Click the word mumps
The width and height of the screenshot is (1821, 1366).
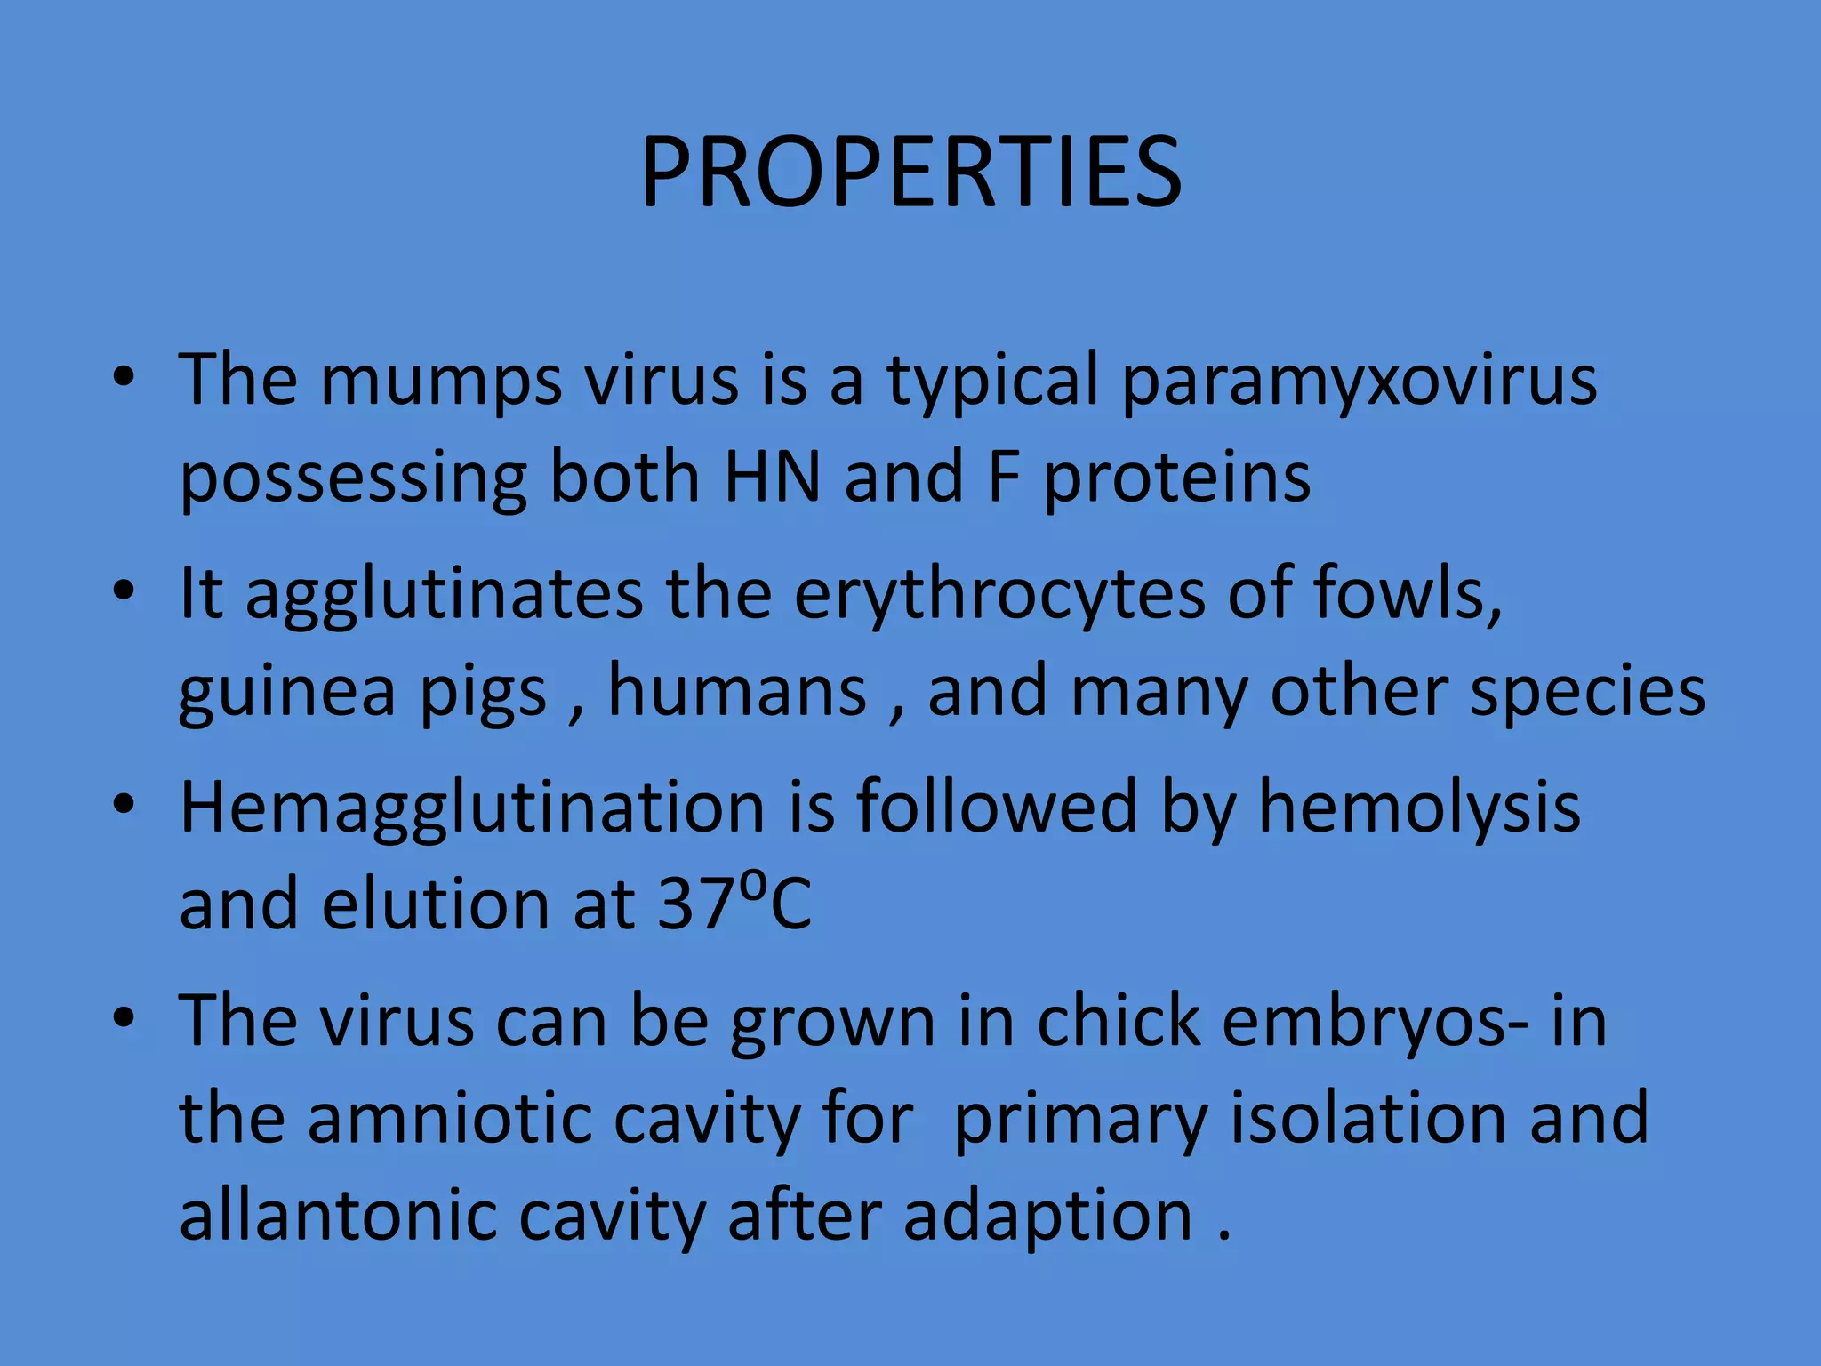click(x=440, y=381)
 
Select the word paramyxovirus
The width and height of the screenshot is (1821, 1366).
click(x=1359, y=381)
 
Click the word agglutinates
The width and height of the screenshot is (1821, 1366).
click(x=444, y=594)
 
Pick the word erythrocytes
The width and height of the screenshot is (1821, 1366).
click(x=999, y=594)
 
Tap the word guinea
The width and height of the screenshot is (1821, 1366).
click(x=286, y=692)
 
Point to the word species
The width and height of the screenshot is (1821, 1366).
click(x=1587, y=692)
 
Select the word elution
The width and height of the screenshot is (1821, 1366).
click(x=436, y=904)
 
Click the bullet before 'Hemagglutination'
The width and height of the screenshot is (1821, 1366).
click(x=124, y=804)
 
